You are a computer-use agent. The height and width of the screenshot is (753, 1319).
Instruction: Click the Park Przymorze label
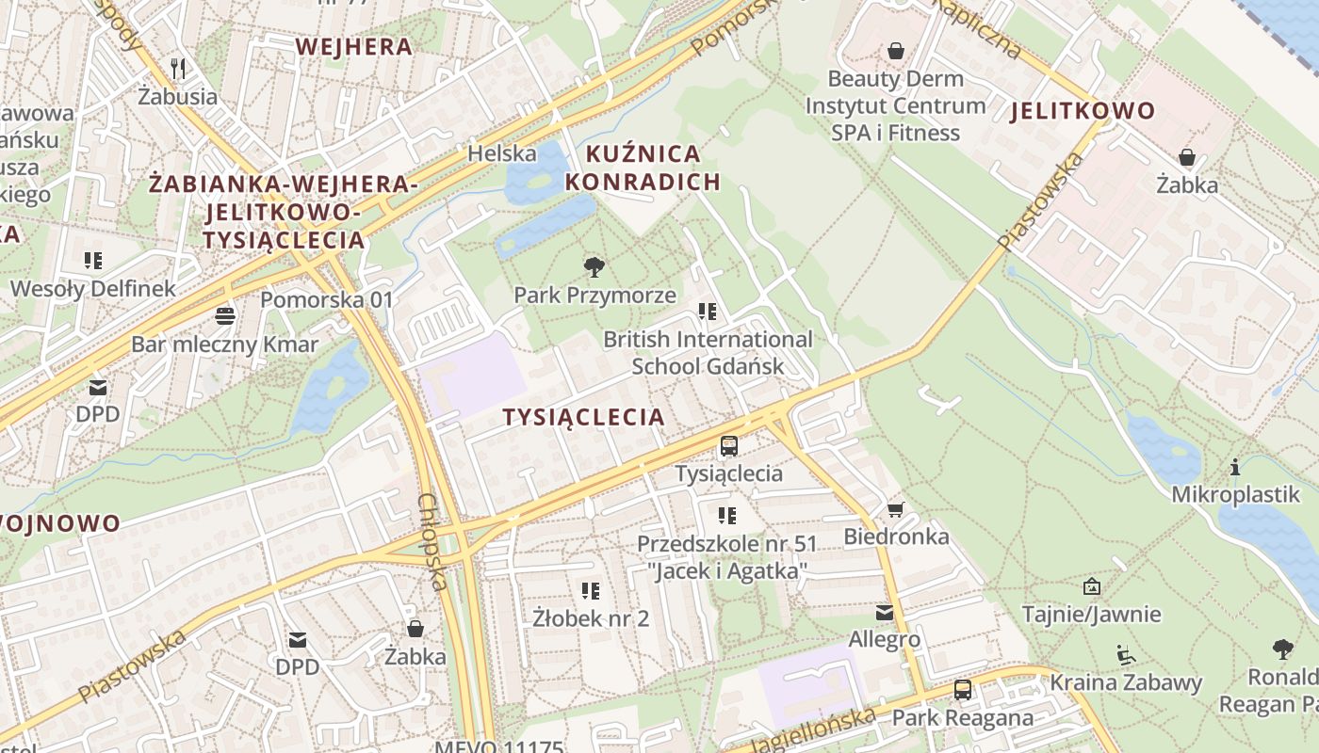(594, 295)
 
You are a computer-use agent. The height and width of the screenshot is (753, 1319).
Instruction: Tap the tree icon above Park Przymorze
(594, 267)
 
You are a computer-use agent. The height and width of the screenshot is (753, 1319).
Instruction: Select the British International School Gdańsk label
(708, 352)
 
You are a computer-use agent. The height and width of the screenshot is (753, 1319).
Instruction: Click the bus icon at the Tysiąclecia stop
(728, 446)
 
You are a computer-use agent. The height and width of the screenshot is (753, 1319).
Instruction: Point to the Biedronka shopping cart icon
(895, 509)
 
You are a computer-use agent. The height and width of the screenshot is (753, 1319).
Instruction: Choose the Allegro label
(884, 639)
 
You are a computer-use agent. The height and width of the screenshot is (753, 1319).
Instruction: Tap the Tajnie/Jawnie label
(1091, 615)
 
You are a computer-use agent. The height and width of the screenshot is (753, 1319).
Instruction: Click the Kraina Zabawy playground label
(1126, 682)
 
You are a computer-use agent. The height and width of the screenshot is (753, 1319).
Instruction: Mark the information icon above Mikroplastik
(1235, 467)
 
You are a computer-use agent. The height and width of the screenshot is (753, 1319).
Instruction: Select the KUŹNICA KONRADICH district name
(643, 168)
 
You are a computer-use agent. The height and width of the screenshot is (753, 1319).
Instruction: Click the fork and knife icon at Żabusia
(177, 68)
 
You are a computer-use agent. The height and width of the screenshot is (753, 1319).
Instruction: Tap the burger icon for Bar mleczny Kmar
(224, 315)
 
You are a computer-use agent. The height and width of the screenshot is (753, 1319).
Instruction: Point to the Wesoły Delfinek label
(92, 288)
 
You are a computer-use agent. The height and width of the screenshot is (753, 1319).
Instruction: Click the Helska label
(502, 153)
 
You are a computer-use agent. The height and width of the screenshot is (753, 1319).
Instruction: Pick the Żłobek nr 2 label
(591, 618)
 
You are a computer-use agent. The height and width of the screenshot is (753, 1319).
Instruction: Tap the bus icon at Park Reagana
(962, 690)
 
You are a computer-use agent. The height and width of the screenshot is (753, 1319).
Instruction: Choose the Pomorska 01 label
(326, 300)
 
